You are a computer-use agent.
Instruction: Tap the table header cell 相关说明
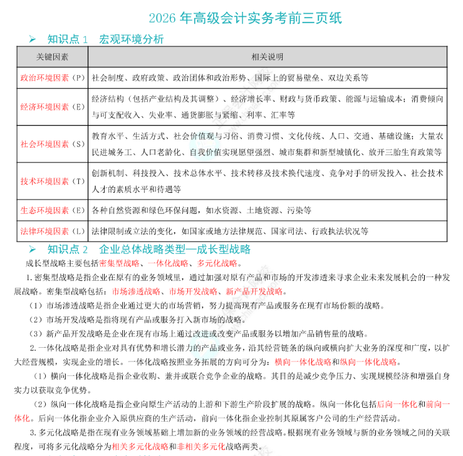268,57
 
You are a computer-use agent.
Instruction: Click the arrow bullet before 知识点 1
33,39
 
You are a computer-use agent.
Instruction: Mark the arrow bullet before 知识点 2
33,250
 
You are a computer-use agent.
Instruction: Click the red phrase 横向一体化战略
303,362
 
